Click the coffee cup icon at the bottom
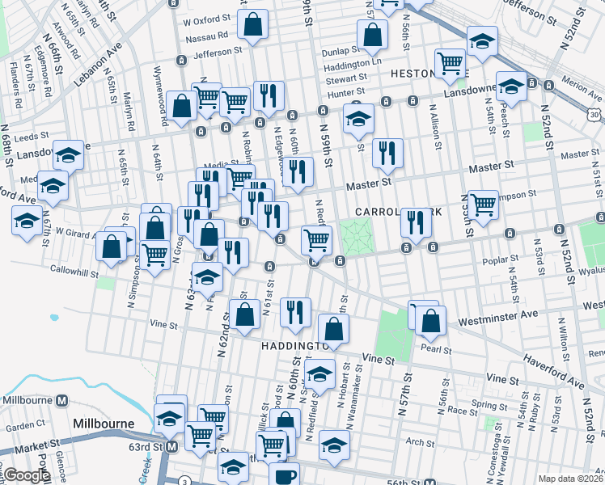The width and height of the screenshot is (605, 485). [x=284, y=474]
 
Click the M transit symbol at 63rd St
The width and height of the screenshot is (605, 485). [x=171, y=447]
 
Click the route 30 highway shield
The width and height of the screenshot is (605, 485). [x=594, y=116]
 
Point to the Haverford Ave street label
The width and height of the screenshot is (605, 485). [x=553, y=365]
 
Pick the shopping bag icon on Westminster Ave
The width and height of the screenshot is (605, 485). [x=432, y=320]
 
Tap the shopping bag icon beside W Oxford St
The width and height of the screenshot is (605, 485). [x=252, y=24]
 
